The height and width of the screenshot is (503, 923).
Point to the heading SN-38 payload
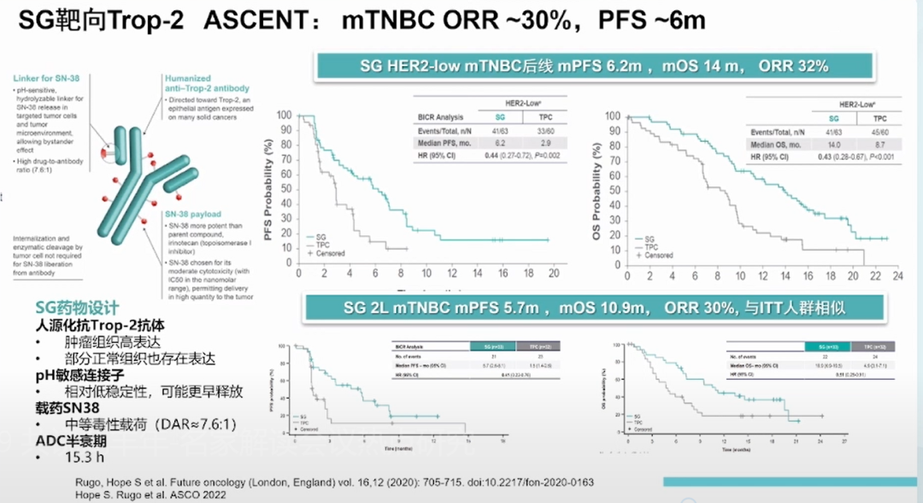pos(196,214)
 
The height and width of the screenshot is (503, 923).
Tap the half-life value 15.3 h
pos(79,459)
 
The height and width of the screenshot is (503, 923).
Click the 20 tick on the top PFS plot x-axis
pos(554,272)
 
